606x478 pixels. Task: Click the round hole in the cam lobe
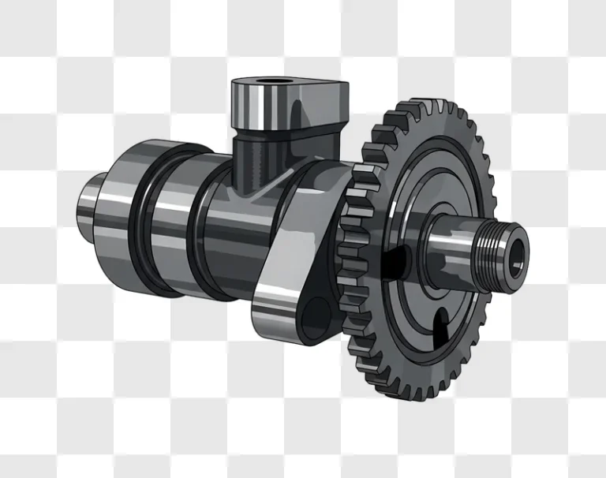click(318, 313)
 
